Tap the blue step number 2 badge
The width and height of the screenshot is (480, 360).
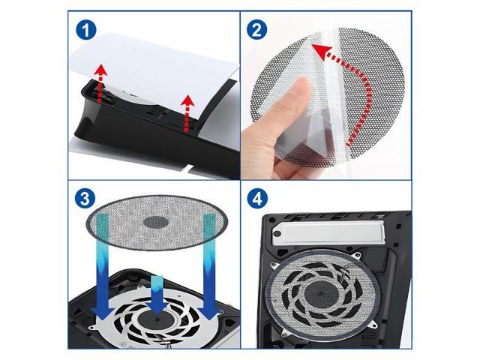[x=256, y=31]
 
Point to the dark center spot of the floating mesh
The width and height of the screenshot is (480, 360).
[x=156, y=223]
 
